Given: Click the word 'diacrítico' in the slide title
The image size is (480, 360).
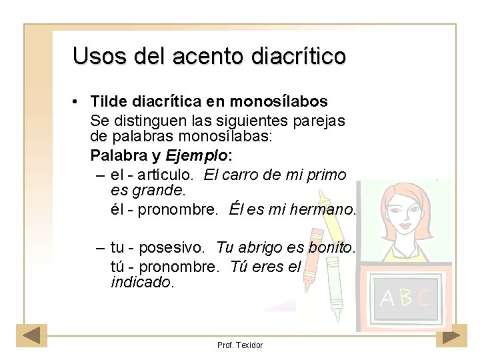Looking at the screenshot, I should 299,56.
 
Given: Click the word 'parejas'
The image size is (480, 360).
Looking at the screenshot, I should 322,121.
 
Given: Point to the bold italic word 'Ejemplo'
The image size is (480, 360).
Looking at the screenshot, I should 196,155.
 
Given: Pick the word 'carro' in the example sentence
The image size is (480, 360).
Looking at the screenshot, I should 244,175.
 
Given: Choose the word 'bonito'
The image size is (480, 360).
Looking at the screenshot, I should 332,247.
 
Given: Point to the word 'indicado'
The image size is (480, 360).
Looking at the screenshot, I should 141,282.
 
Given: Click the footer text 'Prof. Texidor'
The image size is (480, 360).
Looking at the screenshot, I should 240,345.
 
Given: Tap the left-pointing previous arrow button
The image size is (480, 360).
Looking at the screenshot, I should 32,335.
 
